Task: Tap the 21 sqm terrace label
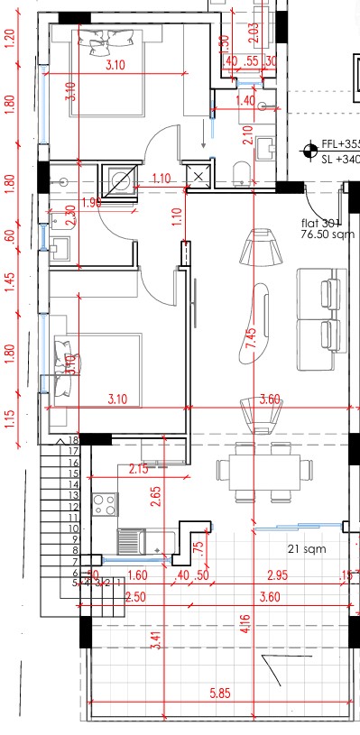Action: (x=306, y=548)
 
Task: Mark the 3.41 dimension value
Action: (x=157, y=640)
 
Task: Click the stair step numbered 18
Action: (x=74, y=440)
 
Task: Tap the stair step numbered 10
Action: (x=74, y=528)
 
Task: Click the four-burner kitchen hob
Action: (x=105, y=503)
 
